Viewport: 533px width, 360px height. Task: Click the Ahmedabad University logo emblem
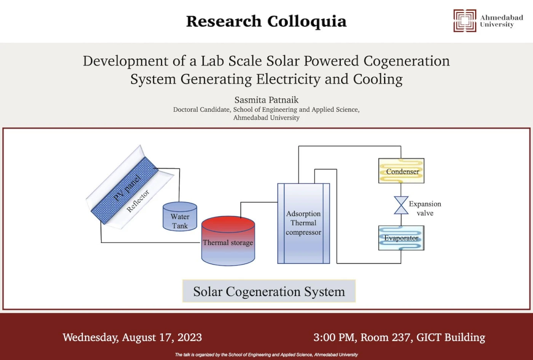tap(465, 21)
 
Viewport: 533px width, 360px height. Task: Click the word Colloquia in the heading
tap(307, 22)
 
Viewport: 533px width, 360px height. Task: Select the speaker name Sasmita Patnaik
tap(266, 100)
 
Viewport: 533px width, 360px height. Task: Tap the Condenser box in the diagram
tap(401, 171)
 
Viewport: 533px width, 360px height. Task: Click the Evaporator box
tap(401, 238)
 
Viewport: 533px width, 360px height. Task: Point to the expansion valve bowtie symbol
tap(401, 205)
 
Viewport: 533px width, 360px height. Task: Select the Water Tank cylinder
tap(180, 216)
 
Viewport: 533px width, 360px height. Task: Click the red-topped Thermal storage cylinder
tap(228, 241)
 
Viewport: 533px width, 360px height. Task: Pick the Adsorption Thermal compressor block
tap(304, 223)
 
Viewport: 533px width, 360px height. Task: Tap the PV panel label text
tap(127, 188)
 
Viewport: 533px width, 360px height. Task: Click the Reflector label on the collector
tap(138, 201)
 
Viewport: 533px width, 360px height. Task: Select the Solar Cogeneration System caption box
tap(269, 291)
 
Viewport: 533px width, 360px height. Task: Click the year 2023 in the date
tap(190, 338)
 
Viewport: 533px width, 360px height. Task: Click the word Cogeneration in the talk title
tap(407, 61)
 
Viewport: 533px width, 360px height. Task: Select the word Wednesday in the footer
tap(91, 338)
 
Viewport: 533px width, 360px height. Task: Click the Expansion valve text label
tap(425, 208)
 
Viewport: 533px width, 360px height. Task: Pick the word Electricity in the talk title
tap(289, 79)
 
